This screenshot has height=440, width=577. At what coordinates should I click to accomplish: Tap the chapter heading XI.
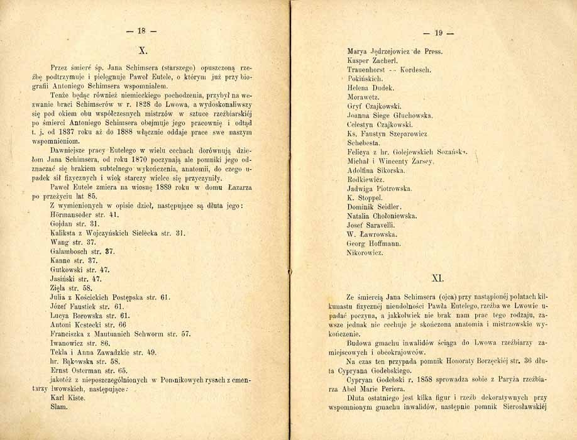click(439, 275)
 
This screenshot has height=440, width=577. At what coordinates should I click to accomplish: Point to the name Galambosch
click(70, 251)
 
